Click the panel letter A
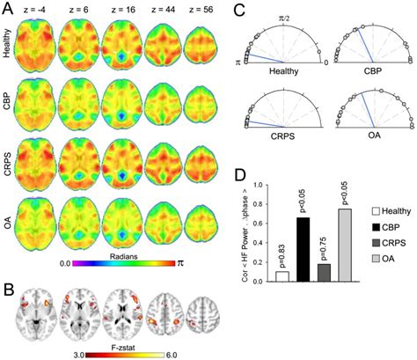click(x=7, y=8)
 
